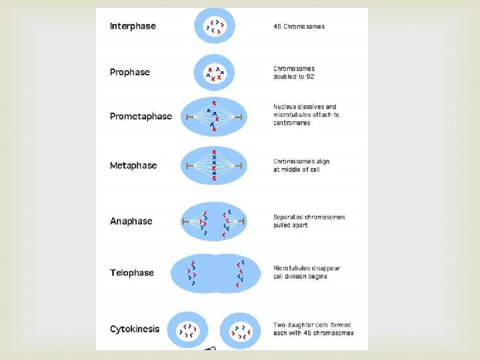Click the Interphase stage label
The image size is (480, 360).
(x=133, y=26)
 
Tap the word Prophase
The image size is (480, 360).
(x=130, y=72)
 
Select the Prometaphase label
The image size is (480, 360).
(x=141, y=116)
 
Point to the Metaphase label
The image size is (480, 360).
(x=133, y=165)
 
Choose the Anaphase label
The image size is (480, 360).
(x=131, y=221)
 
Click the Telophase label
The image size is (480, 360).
(x=132, y=273)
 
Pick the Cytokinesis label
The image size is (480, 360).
(x=135, y=329)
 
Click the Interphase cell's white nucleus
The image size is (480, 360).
(x=215, y=27)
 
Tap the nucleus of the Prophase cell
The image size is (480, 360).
(x=215, y=73)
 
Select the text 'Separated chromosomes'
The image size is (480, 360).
(x=309, y=217)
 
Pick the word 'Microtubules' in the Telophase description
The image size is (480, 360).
(x=294, y=269)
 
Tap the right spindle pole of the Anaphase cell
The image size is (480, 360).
(x=243, y=221)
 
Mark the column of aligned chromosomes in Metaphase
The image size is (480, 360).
(x=214, y=165)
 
